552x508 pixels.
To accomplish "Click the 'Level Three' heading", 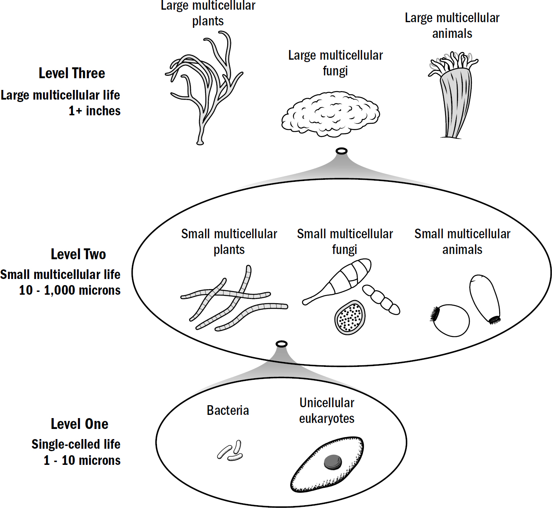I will click(72, 73).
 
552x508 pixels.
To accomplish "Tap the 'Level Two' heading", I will click(78, 254).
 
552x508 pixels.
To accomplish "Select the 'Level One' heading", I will click(79, 424).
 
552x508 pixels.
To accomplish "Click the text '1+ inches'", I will click(94, 111).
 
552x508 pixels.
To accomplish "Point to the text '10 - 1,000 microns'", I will click(70, 290).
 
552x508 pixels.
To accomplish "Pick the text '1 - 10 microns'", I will click(82, 460).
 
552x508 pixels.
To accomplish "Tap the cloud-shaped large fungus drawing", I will click(330, 114).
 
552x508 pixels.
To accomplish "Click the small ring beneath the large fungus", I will click(341, 151).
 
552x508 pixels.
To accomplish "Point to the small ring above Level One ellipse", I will click(282, 344).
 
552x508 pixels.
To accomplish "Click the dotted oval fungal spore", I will click(350, 318).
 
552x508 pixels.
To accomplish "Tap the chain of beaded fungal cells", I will click(381, 299).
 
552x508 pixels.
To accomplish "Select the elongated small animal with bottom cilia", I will click(485, 298).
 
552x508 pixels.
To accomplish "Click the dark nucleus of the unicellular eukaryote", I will click(333, 462).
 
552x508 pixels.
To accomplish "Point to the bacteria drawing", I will click(230, 451).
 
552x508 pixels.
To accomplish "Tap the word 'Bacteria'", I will click(228, 410).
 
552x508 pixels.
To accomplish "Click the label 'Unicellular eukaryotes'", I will click(327, 410).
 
